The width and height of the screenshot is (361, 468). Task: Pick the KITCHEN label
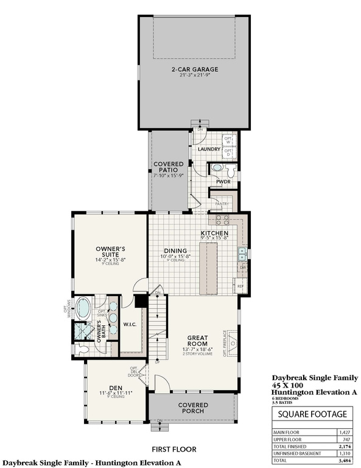point(215,233)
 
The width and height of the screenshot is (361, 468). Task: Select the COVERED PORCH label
point(193,408)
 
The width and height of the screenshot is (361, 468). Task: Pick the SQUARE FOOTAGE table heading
point(312,414)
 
